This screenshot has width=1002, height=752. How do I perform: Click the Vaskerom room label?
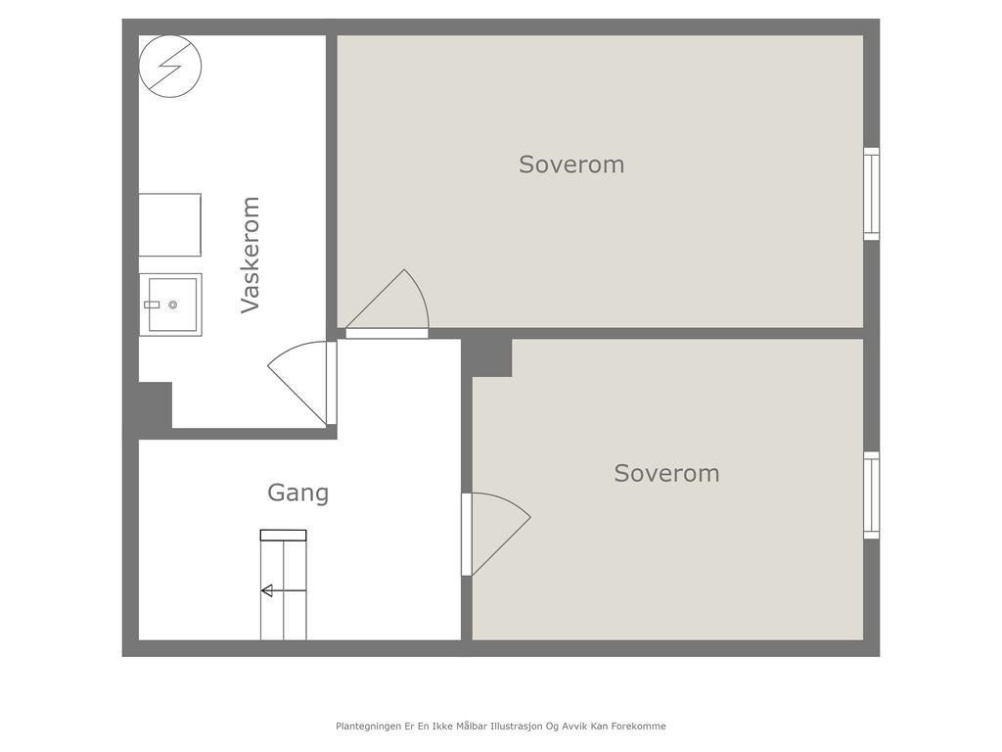(x=250, y=255)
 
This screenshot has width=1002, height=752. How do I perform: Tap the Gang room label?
(x=297, y=493)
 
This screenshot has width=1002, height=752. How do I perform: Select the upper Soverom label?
(x=571, y=164)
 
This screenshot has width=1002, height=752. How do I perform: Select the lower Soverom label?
(x=666, y=473)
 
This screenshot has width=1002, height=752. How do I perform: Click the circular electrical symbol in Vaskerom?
(x=170, y=66)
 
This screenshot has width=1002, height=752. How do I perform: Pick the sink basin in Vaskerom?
(x=170, y=305)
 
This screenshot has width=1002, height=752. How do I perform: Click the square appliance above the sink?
(x=170, y=225)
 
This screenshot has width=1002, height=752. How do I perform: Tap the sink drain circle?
(x=173, y=305)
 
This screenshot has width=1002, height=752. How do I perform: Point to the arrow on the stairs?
(x=267, y=590)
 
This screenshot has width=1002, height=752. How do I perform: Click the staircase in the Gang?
(x=283, y=587)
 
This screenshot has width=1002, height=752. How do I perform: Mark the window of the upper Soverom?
(x=871, y=194)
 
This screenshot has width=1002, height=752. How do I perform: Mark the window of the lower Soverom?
(x=871, y=495)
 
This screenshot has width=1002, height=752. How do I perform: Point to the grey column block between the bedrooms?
(x=487, y=357)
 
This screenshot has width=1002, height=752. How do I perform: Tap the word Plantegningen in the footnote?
(x=368, y=727)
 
